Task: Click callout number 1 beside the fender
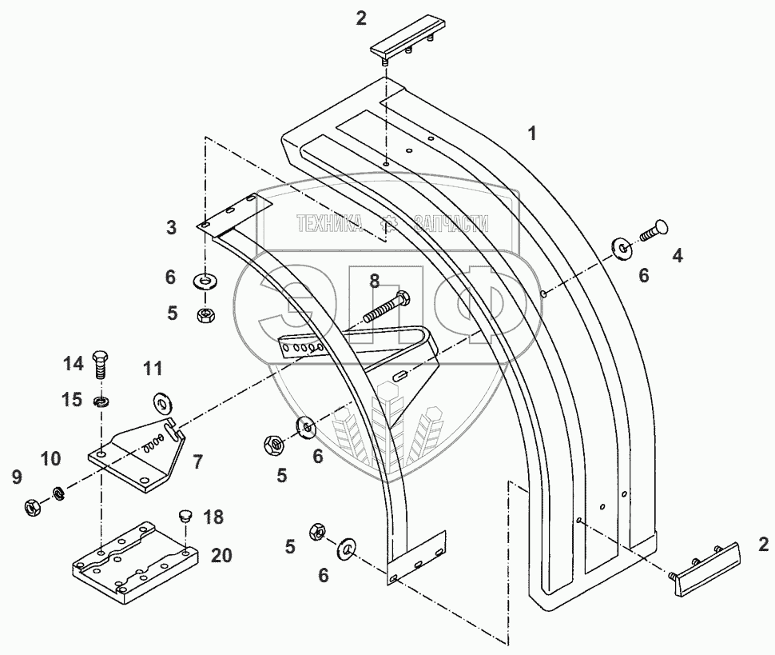tap(531, 134)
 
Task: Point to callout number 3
tap(172, 228)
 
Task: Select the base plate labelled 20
tap(133, 559)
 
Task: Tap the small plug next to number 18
tap(183, 517)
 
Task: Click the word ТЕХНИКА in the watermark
tap(328, 225)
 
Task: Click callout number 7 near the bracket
tap(197, 461)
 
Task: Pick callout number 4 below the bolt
tap(678, 256)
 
